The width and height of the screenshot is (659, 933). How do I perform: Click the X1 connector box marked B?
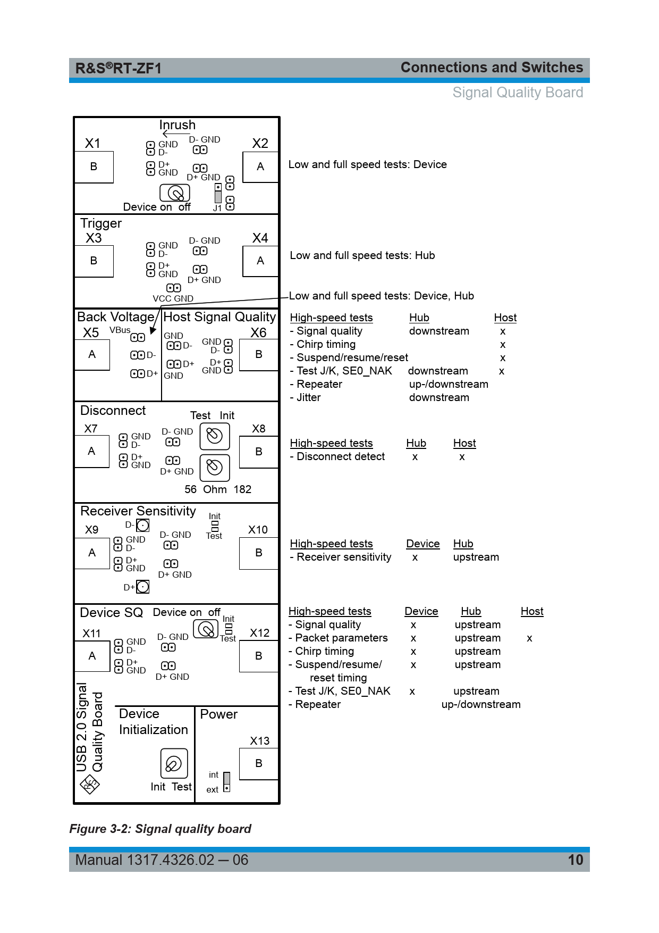coord(94,167)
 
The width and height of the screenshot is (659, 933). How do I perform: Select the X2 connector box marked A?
coord(260,167)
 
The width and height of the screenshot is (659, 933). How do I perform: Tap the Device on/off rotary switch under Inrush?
coord(175,193)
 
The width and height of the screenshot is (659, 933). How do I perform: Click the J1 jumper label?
coord(217,209)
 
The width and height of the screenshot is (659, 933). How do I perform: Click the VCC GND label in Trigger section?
coord(173,298)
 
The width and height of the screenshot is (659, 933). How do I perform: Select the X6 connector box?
coord(259,355)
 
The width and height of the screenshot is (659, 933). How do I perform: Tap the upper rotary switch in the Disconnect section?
coord(215,436)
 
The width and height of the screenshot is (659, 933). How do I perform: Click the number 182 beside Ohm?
coord(242,489)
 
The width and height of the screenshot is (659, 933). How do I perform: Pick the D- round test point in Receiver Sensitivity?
coord(143,526)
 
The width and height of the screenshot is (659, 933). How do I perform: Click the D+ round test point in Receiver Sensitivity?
coord(143,587)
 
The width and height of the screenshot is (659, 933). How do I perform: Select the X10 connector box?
coord(259,553)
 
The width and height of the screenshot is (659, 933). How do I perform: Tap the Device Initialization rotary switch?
coord(174,764)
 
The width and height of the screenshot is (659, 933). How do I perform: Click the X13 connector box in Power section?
coord(259,764)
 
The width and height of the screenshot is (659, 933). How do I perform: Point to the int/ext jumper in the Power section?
coord(227,782)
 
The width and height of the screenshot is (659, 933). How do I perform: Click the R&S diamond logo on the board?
coord(90,784)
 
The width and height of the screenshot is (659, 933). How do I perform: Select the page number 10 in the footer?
coord(576,860)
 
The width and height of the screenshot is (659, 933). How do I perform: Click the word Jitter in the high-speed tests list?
coord(308,397)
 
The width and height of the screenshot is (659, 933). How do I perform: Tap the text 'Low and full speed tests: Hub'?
coord(362,255)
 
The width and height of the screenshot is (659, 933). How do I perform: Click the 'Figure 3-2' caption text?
coord(160,829)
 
